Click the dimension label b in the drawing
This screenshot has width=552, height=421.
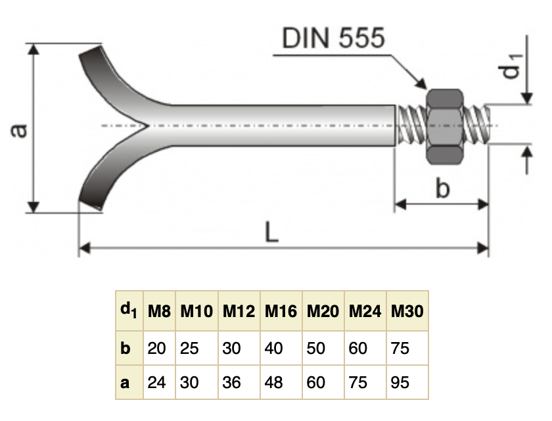(443, 189)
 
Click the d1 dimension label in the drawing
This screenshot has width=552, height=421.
(513, 65)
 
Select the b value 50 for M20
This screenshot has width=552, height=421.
(316, 348)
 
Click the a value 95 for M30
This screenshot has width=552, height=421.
(400, 382)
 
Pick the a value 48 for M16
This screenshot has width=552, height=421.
(274, 382)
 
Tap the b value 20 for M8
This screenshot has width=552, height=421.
(156, 348)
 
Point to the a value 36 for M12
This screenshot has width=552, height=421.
(232, 382)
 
